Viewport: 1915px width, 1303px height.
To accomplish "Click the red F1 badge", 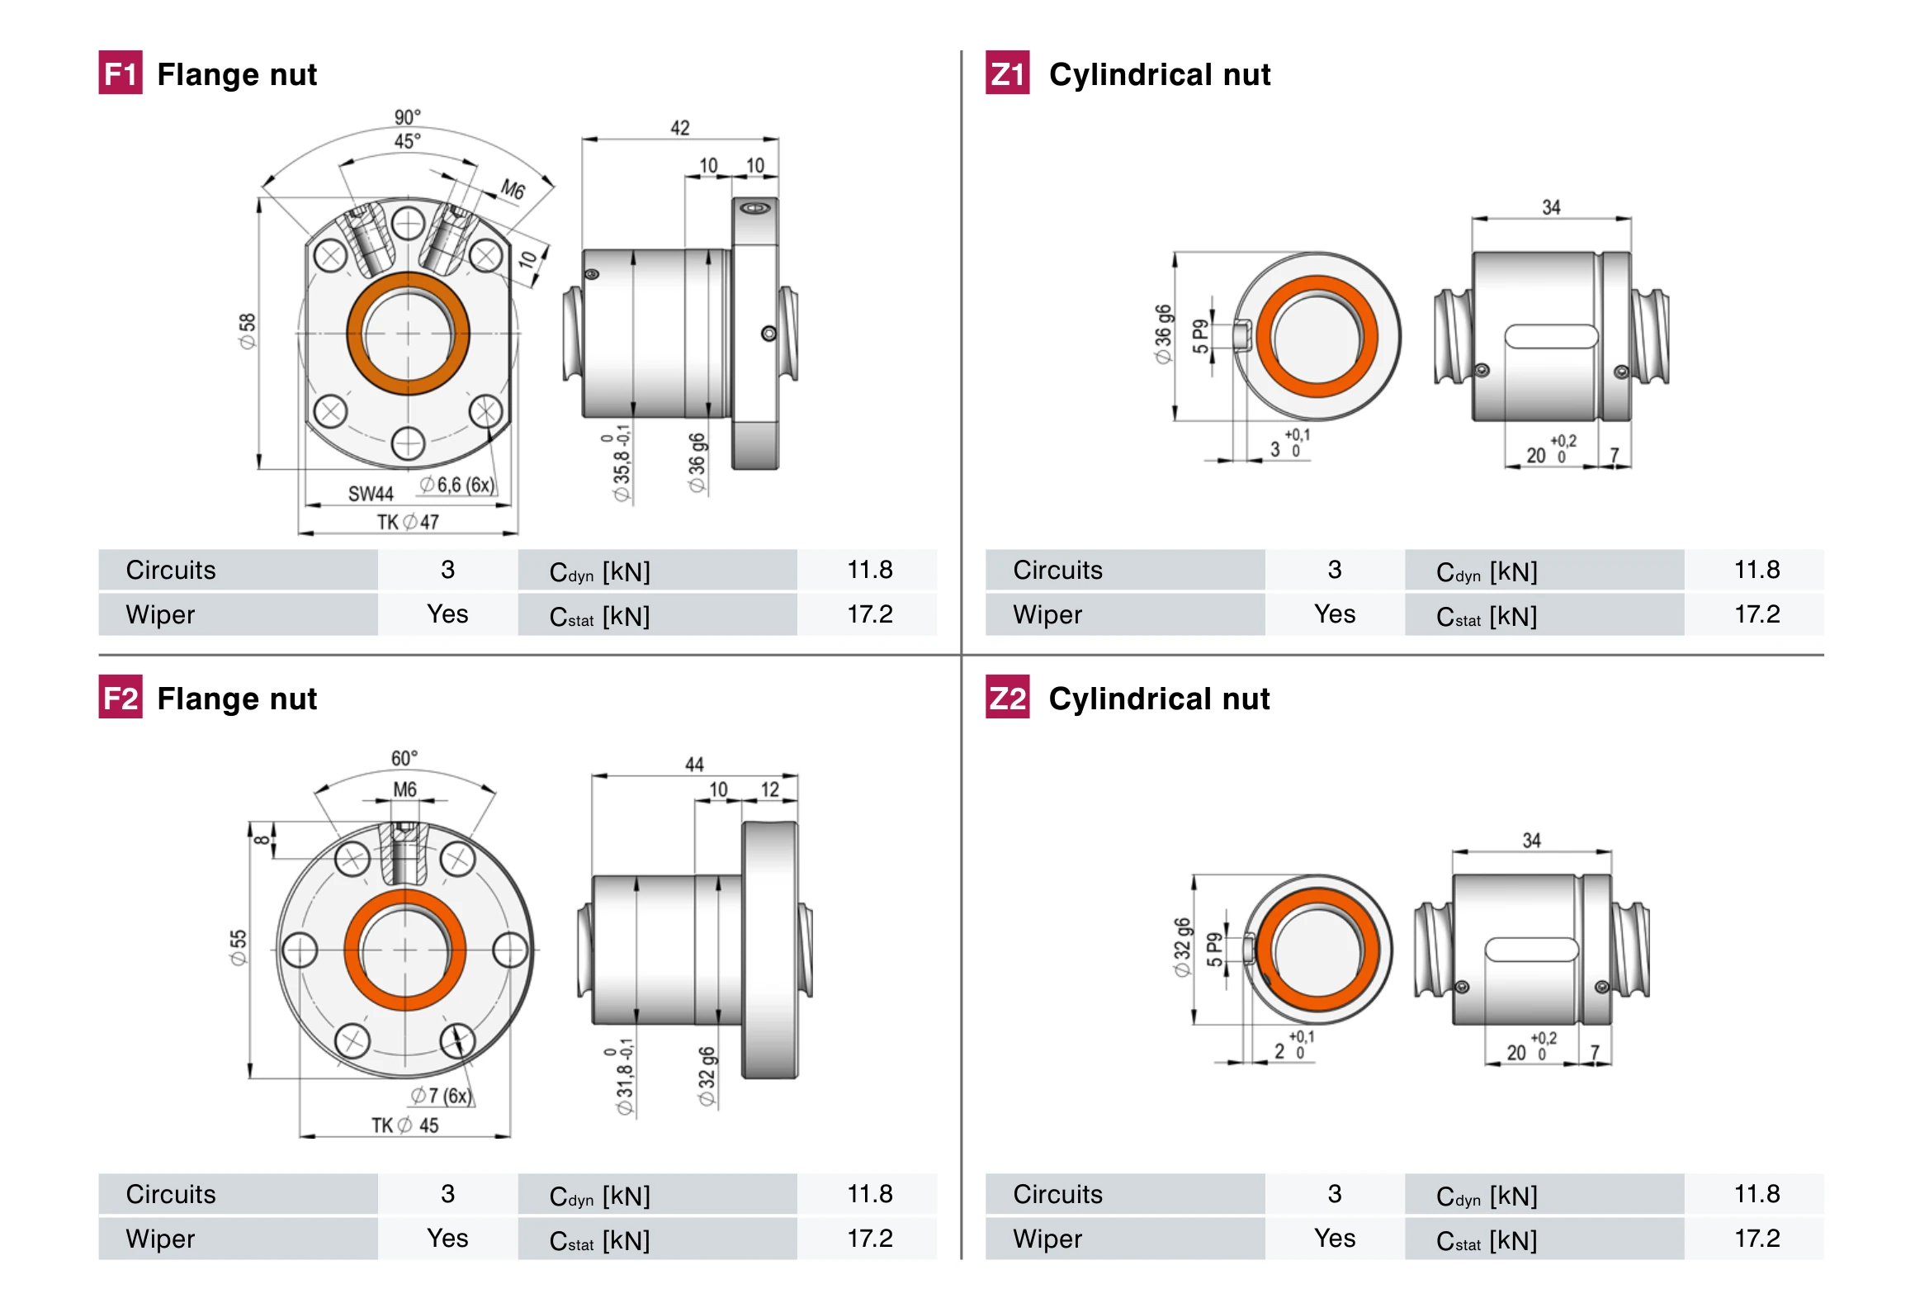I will [121, 73].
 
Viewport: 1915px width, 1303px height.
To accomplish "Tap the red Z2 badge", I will [1007, 698].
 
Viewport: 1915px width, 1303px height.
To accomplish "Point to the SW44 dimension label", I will [371, 494].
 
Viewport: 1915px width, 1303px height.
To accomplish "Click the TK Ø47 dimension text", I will [408, 522].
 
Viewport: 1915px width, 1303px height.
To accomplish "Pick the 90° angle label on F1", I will [407, 116].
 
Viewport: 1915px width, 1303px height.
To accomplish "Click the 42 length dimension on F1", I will [679, 128].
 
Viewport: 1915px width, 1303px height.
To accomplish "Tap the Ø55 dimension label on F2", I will [239, 947].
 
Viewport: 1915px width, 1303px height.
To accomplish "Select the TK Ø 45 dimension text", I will [404, 1125].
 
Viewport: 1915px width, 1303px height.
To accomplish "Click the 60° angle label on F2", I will [404, 758].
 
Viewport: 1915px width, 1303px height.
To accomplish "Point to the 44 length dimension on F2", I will [694, 765].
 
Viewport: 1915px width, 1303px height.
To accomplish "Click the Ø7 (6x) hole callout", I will [442, 1096].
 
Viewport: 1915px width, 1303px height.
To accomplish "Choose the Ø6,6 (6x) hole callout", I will [456, 485].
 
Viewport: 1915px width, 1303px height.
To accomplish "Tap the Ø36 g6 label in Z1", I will [1163, 334].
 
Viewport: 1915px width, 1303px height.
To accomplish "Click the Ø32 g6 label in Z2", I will [1183, 947].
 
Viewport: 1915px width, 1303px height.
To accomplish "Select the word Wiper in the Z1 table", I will [1047, 615].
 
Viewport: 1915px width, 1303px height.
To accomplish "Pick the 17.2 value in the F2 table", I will [869, 1239].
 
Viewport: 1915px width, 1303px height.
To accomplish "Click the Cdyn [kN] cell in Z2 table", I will [1487, 1196].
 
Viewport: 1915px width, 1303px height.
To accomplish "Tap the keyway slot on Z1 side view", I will [1551, 337].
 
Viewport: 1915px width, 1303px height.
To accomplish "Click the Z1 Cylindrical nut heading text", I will [1159, 74].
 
